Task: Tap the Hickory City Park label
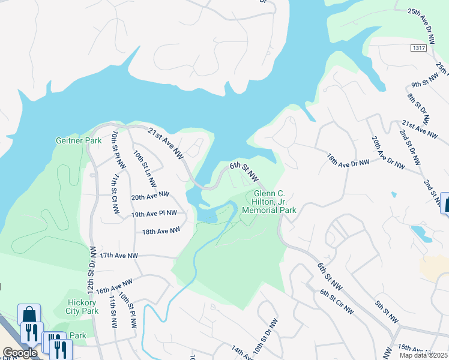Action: tap(82, 307)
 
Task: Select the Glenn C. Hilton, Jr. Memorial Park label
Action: tap(269, 202)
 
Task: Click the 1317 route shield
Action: tap(418, 47)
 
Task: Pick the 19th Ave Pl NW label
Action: tap(154, 213)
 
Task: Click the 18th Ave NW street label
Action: tap(161, 230)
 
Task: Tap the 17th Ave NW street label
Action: tap(119, 256)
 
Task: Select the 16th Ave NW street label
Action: tap(113, 286)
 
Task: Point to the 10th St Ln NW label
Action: tap(145, 167)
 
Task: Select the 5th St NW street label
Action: tap(387, 313)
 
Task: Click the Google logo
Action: tap(19, 353)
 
